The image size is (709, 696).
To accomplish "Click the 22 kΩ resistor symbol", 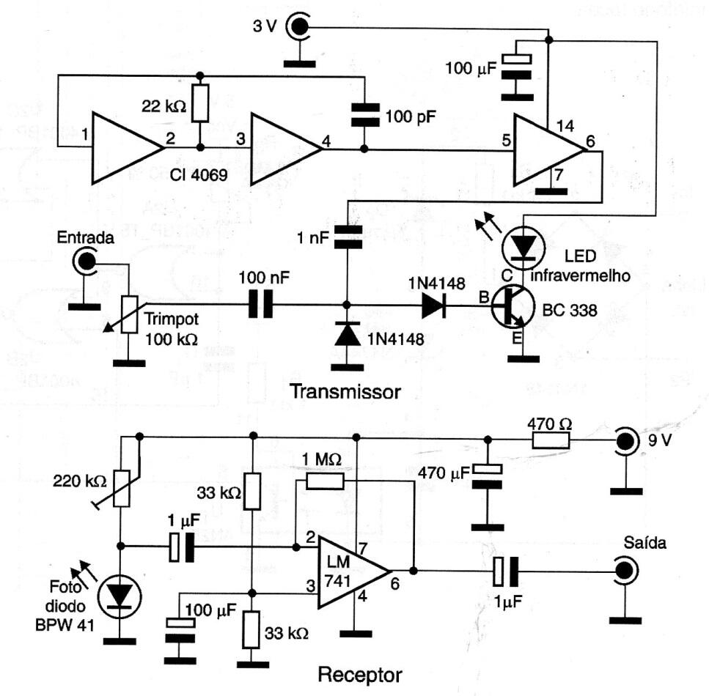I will [x=200, y=103].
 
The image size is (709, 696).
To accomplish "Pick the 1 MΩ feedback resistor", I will [x=325, y=481].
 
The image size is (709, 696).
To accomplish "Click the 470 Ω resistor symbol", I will [x=550, y=440].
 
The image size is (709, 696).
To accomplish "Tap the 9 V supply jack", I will [x=626, y=441].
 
